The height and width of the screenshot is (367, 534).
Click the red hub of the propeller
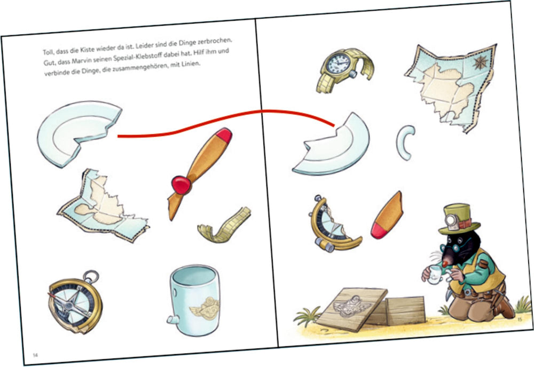[181, 185]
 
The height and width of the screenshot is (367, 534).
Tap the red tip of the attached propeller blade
[224, 135]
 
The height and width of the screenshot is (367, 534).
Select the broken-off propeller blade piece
[387, 216]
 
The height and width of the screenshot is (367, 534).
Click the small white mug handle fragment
[405, 142]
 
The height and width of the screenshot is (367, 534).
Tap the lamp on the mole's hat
[451, 220]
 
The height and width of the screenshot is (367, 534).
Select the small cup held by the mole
[435, 275]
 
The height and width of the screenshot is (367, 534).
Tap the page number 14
[35, 355]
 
